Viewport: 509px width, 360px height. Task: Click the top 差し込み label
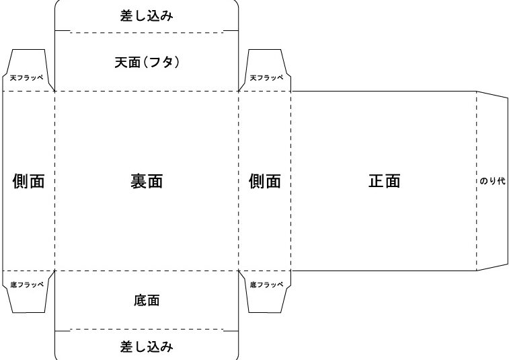point(147,15)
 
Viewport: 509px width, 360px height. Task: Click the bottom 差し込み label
point(147,347)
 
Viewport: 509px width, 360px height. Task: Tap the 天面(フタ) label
point(147,62)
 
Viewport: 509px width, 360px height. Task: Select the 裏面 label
point(147,181)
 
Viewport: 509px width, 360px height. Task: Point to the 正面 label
point(385,180)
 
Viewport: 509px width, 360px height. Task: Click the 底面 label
point(147,300)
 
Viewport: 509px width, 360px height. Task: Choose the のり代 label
point(492,181)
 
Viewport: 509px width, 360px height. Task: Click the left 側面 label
point(28,181)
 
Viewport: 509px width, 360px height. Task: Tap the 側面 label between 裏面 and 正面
point(265,181)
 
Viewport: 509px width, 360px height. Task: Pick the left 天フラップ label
point(27,77)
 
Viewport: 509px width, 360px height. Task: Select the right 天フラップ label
point(266,77)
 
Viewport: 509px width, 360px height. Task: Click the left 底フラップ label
point(27,285)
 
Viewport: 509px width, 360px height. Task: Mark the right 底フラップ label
point(266,285)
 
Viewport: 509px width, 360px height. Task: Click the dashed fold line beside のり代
point(477,181)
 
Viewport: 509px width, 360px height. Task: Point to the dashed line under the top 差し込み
point(147,32)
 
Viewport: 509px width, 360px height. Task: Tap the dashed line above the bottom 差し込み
point(147,330)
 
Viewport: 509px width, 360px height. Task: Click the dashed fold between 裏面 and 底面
point(147,271)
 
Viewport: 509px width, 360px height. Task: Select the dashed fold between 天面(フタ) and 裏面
point(147,92)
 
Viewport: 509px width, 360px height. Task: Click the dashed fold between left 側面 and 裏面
point(55,181)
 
